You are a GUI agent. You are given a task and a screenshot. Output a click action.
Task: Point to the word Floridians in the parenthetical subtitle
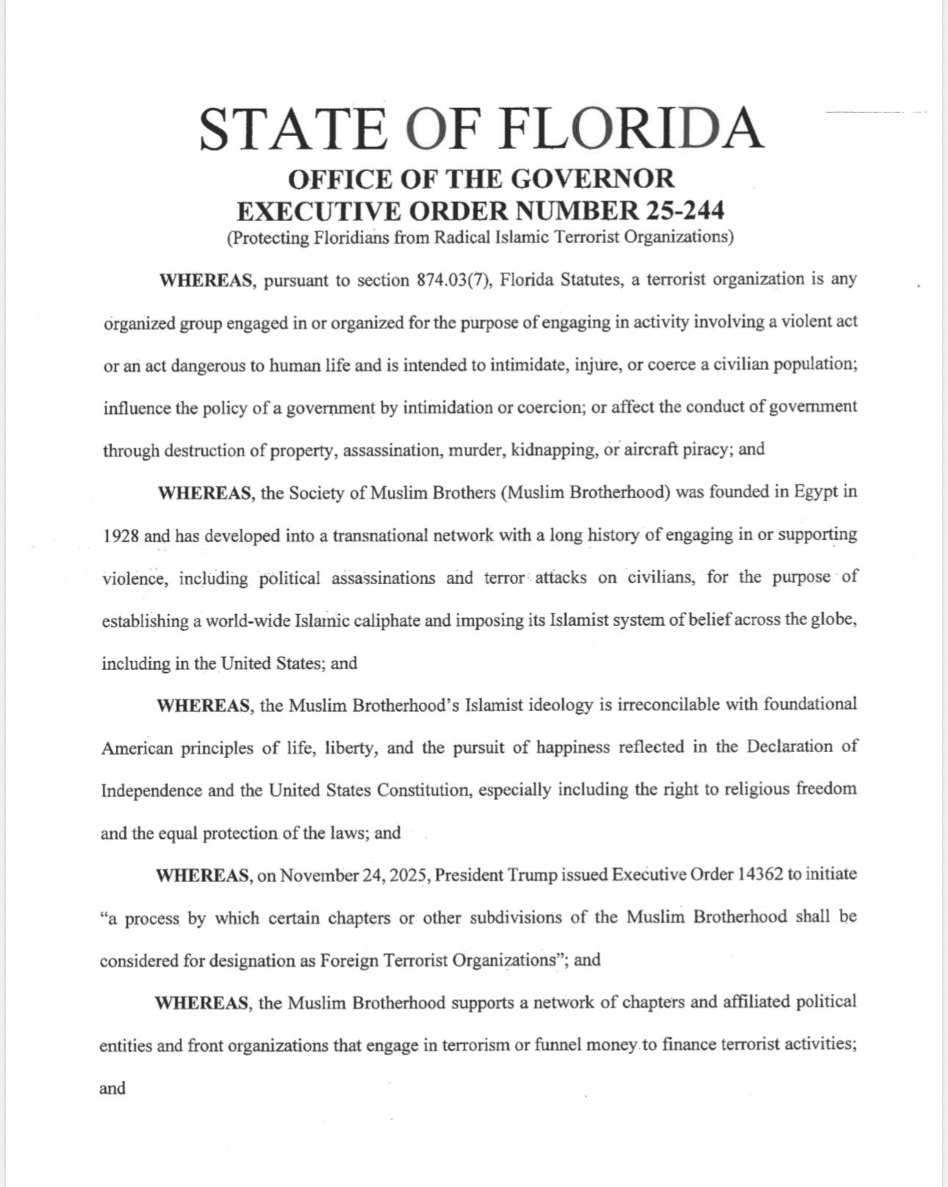coord(352,237)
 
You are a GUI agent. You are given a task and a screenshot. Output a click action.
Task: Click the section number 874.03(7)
coord(453,281)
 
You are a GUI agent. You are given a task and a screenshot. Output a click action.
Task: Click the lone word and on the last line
coord(112,1088)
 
